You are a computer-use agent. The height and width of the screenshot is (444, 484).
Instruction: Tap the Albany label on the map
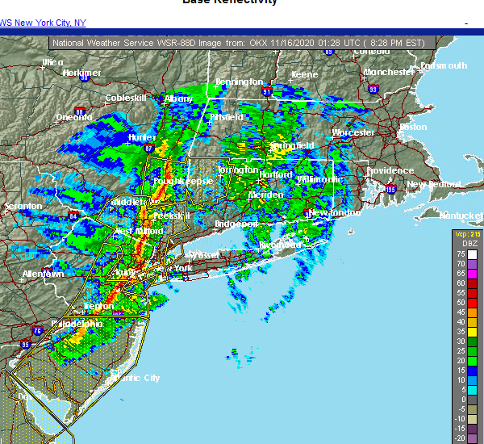pyautogui.click(x=177, y=98)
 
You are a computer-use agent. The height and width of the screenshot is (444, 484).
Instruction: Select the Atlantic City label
pyautogui.click(x=133, y=378)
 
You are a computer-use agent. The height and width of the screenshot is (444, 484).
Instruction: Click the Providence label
pyautogui.click(x=389, y=171)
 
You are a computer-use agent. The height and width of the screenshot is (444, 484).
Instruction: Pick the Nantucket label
pyautogui.click(x=461, y=215)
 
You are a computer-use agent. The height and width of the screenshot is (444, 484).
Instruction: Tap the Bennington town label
pyautogui.click(x=239, y=82)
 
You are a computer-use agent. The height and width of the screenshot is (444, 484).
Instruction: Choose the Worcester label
pyautogui.click(x=353, y=132)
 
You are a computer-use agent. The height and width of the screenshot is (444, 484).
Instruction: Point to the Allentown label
pyautogui.click(x=43, y=274)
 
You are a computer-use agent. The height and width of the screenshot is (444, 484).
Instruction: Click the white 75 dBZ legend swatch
pyautogui.click(x=461, y=254)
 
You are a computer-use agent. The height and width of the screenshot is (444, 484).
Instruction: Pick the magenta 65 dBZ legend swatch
pyautogui.click(x=461, y=274)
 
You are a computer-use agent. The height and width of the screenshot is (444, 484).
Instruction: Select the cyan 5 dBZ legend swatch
pyautogui.click(x=461, y=389)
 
